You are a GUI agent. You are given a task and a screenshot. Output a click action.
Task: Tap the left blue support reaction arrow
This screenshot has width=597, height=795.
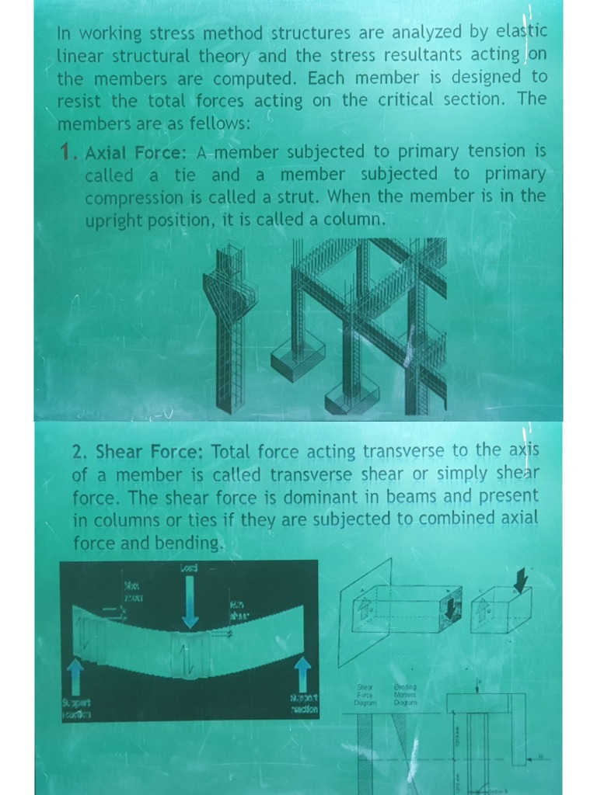pos(75,676)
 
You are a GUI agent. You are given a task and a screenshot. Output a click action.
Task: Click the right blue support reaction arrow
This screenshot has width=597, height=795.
pos(302,672)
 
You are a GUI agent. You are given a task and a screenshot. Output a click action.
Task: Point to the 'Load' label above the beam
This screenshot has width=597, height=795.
pos(189,568)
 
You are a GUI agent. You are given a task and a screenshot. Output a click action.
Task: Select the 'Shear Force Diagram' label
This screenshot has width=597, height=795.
pos(365,694)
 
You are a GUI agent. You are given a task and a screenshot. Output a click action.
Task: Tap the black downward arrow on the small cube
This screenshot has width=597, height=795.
pos(520,579)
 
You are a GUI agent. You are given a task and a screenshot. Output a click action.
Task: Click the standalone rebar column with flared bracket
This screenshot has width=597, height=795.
pos(230,326)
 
